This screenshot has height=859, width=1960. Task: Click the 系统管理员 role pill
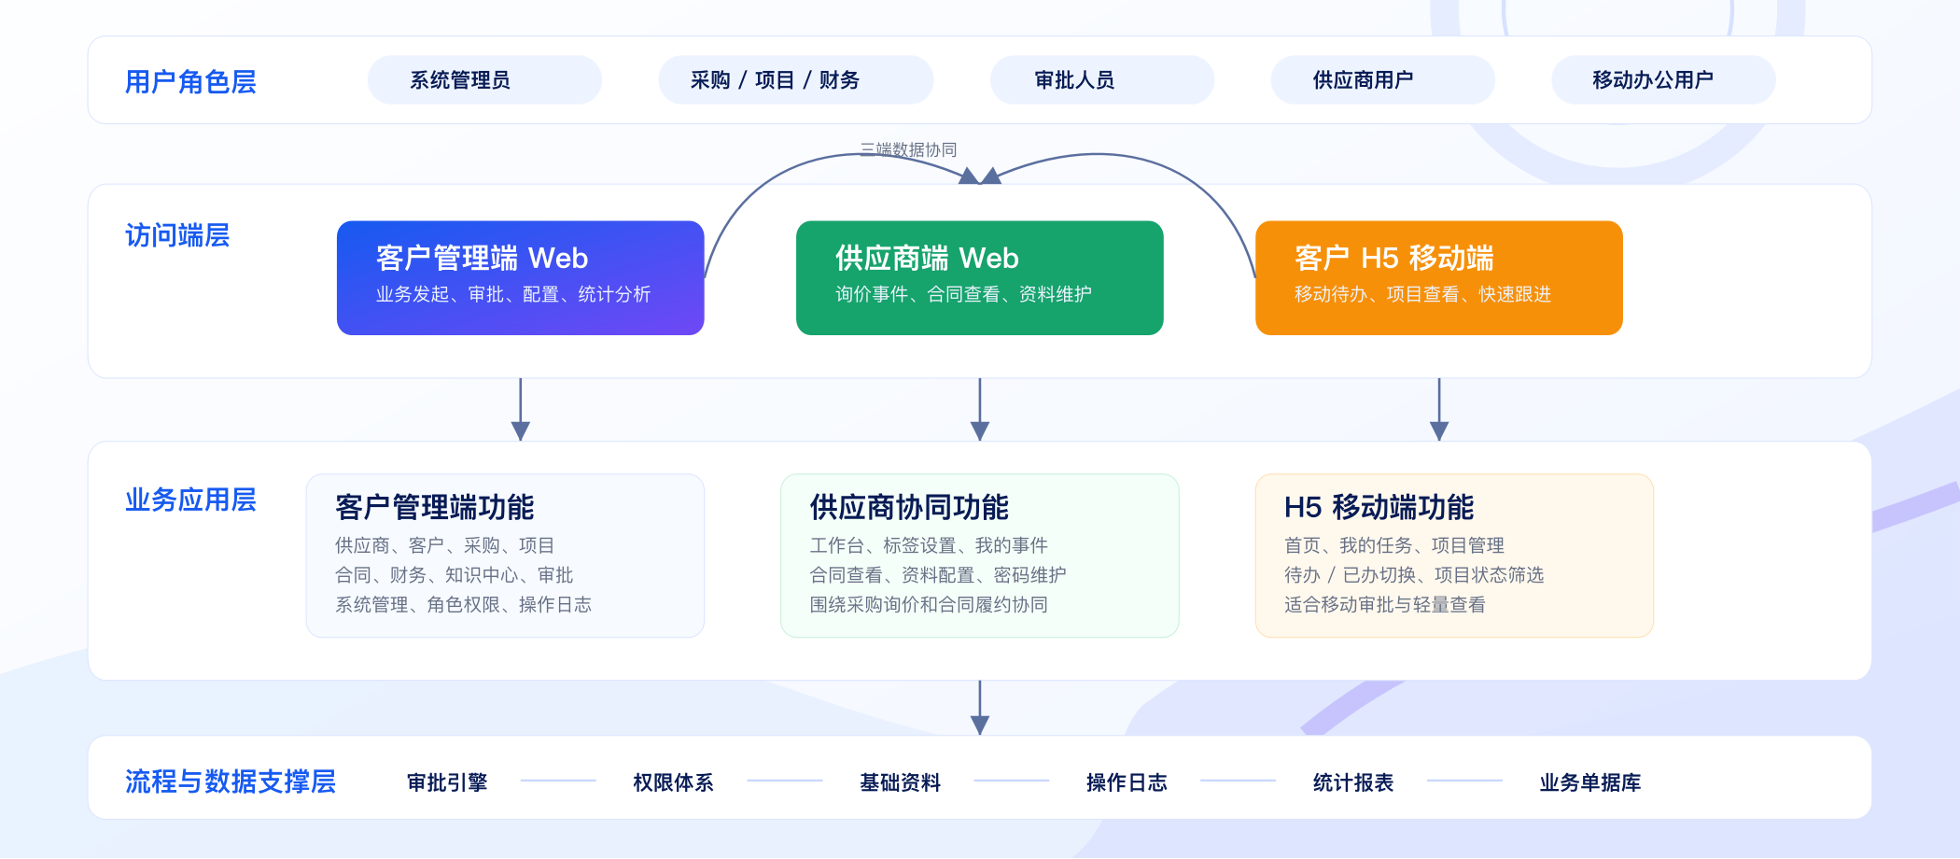tap(484, 80)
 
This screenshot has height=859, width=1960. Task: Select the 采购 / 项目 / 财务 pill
tap(795, 80)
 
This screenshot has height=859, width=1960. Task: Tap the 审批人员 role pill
tap(1101, 80)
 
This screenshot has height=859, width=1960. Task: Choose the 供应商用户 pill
tap(1382, 80)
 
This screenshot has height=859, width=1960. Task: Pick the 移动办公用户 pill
tap(1663, 80)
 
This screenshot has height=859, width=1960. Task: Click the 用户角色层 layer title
tap(190, 82)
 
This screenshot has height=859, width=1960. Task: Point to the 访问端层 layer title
tap(177, 235)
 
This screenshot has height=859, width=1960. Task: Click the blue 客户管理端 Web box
tap(520, 278)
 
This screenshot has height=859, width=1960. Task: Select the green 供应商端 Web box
tap(979, 278)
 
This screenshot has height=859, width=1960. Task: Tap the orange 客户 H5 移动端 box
tap(1438, 278)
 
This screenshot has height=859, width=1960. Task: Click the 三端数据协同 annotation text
tap(908, 149)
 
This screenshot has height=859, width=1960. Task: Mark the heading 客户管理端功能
tap(434, 507)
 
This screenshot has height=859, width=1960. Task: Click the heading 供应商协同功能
tap(909, 507)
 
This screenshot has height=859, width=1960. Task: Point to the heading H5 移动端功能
tap(1379, 507)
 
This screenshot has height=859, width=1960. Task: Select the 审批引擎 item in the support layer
tap(447, 782)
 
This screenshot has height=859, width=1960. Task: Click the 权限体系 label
tap(673, 782)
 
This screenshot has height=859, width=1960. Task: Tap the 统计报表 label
tap(1353, 782)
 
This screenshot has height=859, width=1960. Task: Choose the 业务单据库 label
tap(1590, 782)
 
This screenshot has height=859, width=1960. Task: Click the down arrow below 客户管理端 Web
tap(520, 410)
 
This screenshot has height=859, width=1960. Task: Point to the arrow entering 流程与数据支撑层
tap(979, 708)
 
